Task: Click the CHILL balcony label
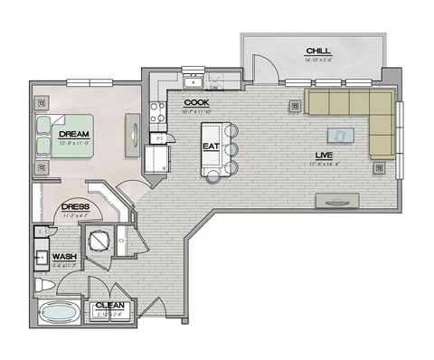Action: pyautogui.click(x=317, y=51)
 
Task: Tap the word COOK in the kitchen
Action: pyautogui.click(x=196, y=103)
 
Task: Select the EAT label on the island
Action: pyautogui.click(x=210, y=145)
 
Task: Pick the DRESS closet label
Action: pyautogui.click(x=75, y=207)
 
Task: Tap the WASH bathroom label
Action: pyautogui.click(x=62, y=256)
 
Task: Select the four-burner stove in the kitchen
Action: pyautogui.click(x=156, y=112)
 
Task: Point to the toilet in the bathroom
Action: pyautogui.click(x=44, y=286)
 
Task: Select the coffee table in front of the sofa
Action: pyautogui.click(x=341, y=137)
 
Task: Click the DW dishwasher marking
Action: pyautogui.click(x=214, y=88)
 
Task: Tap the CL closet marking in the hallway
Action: pyautogui.click(x=120, y=242)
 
